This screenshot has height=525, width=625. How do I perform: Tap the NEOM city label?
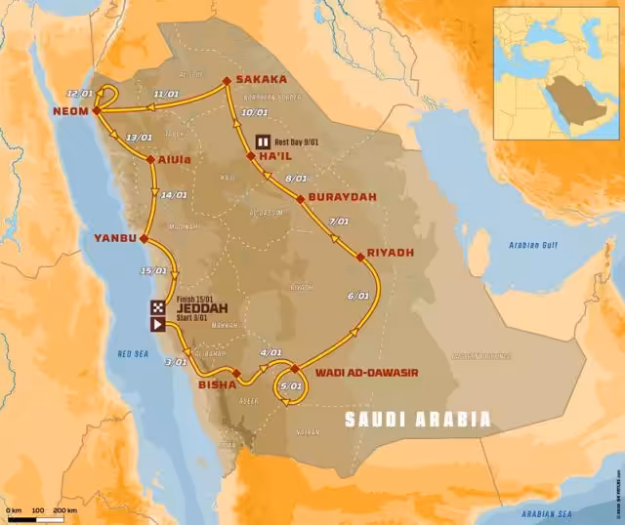[71, 111]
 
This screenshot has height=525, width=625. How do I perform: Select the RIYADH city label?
[392, 252]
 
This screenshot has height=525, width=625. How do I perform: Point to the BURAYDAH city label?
[338, 196]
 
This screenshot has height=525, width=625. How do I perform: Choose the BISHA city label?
[216, 384]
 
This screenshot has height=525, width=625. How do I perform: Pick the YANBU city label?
[115, 237]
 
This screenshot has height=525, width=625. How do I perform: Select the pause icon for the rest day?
[262, 141]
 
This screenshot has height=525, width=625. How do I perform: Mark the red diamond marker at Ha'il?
[251, 155]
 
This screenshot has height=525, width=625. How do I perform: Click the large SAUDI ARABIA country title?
[418, 420]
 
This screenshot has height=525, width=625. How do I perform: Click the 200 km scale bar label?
[64, 510]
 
